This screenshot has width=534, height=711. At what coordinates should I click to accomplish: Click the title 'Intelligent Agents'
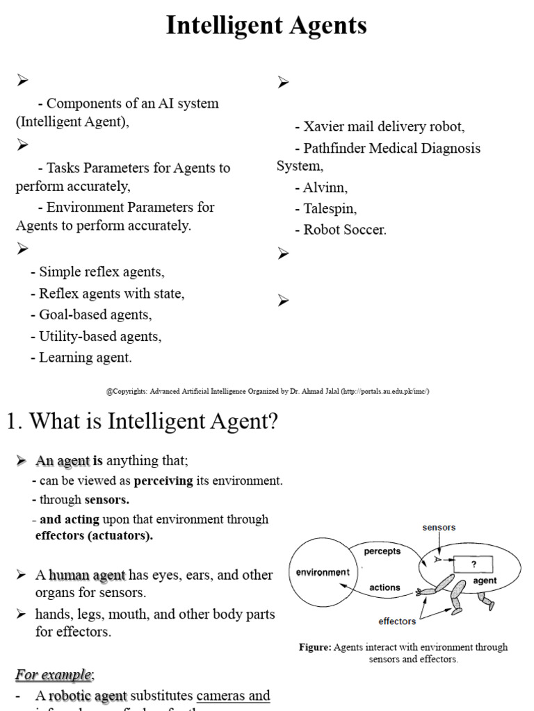[x=266, y=26]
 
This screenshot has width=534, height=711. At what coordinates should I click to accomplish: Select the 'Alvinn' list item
[x=325, y=187]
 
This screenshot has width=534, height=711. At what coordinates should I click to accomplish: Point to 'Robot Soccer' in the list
[x=344, y=230]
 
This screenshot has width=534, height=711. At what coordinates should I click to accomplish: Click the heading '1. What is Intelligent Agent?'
[x=143, y=421]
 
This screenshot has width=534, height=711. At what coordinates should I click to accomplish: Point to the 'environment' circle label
[x=323, y=573]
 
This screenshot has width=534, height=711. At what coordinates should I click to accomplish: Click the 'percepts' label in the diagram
[x=382, y=551]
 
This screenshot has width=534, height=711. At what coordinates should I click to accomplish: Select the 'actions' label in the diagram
[x=385, y=587]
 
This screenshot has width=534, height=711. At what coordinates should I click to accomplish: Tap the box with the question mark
[x=474, y=564]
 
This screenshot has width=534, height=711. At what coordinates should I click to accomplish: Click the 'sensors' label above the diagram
[x=439, y=527]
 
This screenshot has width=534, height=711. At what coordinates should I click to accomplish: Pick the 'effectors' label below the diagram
[x=398, y=621]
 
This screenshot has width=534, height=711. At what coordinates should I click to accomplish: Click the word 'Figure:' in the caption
[x=315, y=647]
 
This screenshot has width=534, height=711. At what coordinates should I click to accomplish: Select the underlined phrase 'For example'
[x=54, y=674]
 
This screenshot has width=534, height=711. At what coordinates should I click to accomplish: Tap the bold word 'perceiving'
[x=163, y=480]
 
